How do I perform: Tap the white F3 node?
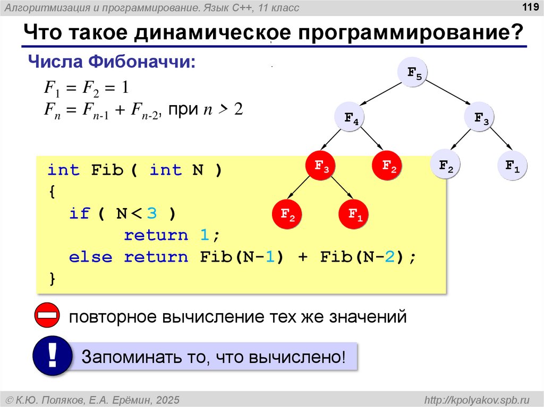481,119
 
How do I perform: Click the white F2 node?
446,167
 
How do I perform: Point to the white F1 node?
512,167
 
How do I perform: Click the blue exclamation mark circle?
52,356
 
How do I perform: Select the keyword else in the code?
91,257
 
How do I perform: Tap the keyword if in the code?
80,214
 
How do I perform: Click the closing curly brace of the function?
52,279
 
